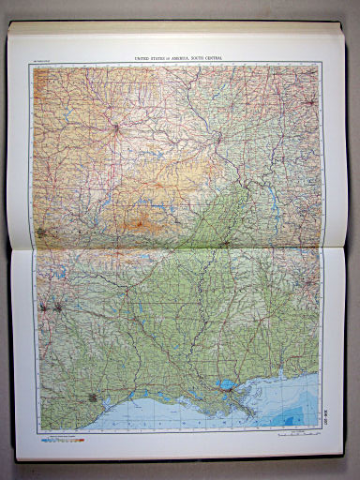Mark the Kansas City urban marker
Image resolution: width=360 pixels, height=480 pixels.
click(x=114, y=127)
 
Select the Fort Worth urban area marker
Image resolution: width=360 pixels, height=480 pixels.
click(x=44, y=306)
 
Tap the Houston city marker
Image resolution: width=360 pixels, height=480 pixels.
click(x=92, y=397)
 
